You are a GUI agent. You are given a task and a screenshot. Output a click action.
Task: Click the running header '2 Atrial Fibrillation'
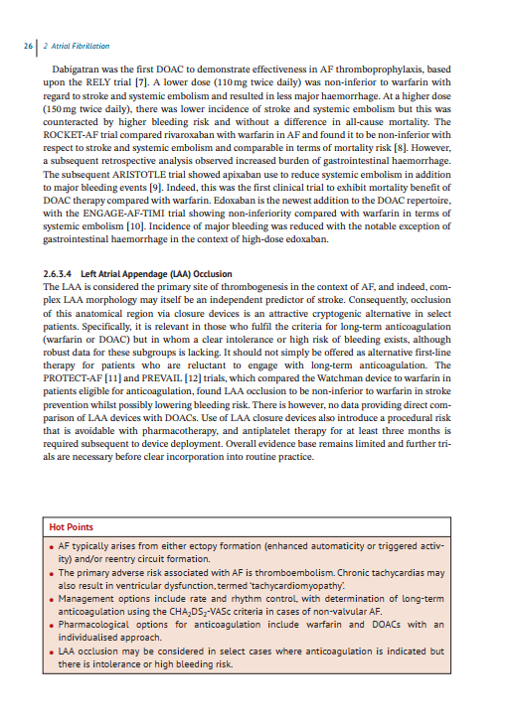coord(76,46)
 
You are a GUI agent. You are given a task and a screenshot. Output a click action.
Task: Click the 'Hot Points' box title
coord(74,526)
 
